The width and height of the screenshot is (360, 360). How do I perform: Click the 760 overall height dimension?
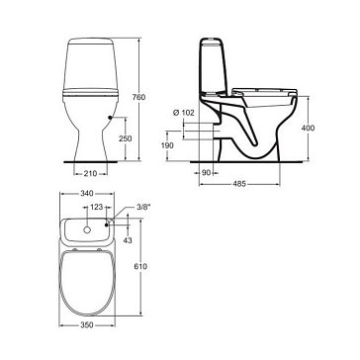(x=138, y=97)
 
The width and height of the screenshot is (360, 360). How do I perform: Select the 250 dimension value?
(x=126, y=138)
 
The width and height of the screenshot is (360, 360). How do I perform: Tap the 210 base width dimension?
(x=90, y=173)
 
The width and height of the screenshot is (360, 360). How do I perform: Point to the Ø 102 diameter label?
(x=184, y=113)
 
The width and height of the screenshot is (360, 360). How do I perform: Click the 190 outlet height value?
(x=168, y=145)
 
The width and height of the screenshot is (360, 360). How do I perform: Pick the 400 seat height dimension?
(x=308, y=129)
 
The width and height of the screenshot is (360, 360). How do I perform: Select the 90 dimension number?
(x=206, y=172)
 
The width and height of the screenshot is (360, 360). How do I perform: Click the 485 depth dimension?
(x=239, y=184)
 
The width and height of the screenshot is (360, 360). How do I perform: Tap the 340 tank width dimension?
(x=87, y=194)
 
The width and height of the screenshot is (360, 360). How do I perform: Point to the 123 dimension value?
(x=97, y=207)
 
